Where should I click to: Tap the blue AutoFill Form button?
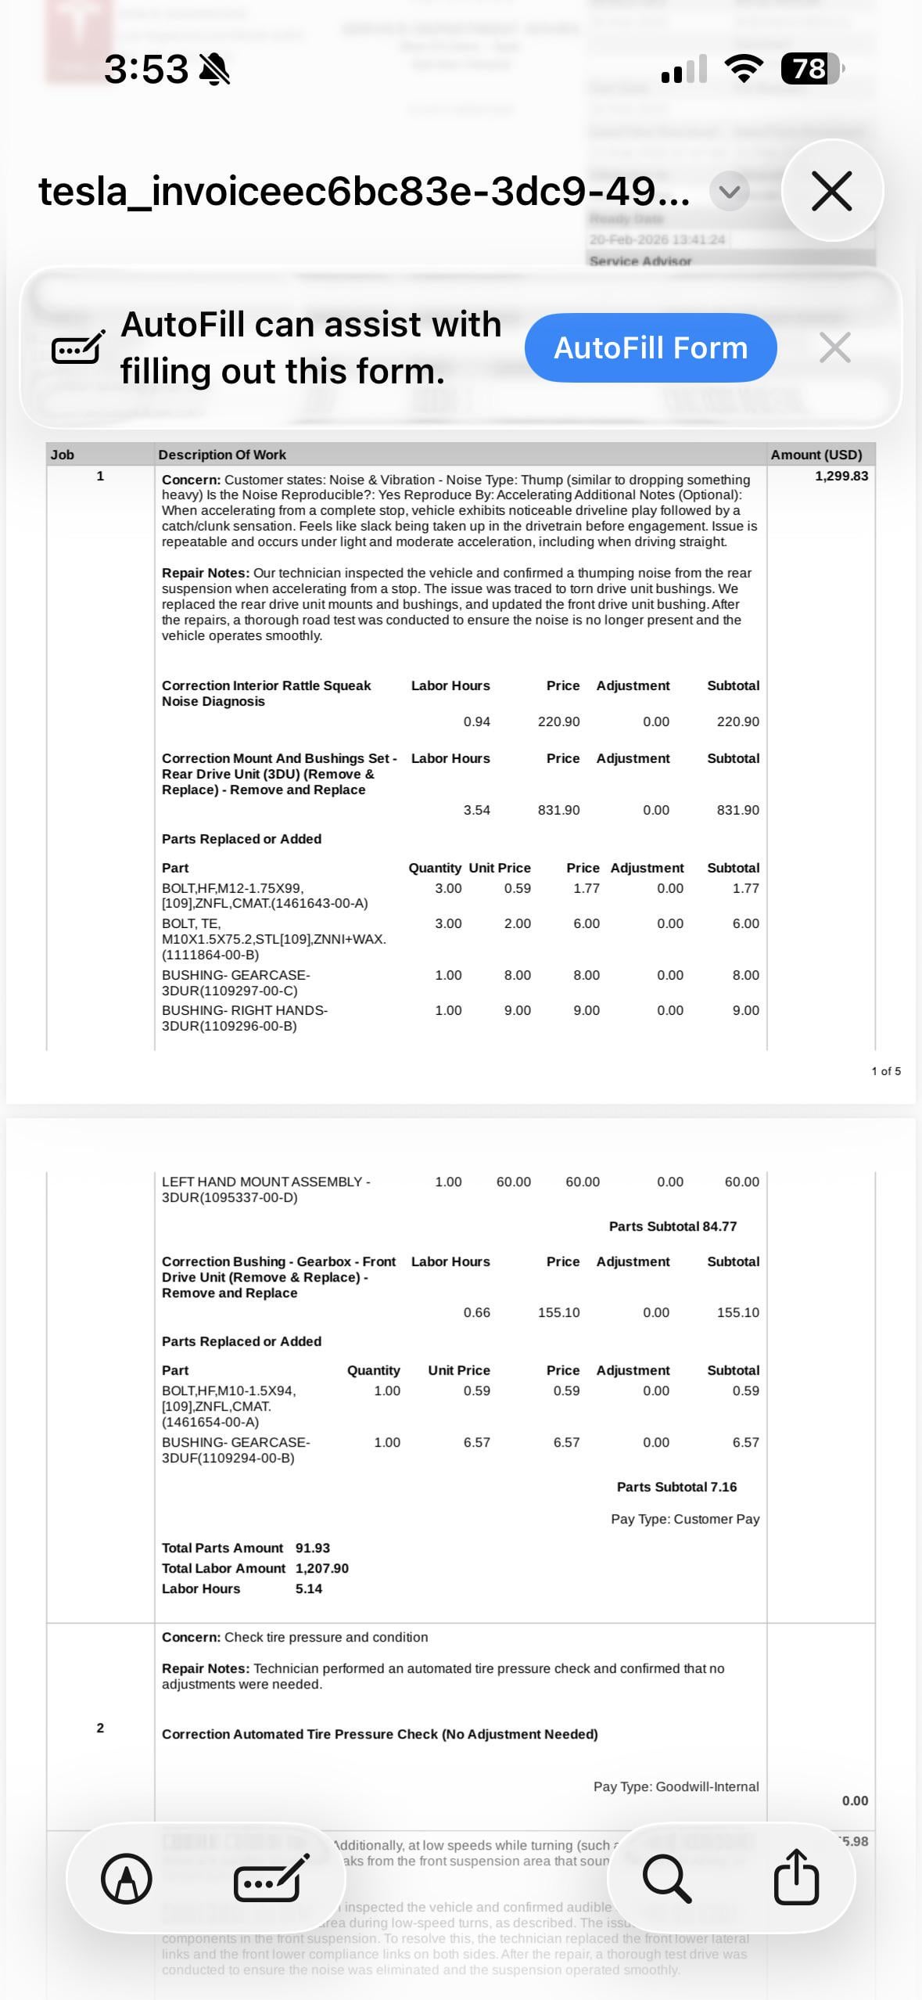point(650,347)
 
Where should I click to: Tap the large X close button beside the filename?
point(831,191)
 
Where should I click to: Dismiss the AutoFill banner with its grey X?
point(834,347)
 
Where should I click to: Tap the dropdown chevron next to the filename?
point(729,191)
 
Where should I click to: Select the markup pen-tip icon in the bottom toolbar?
point(127,1878)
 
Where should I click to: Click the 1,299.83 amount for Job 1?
point(841,476)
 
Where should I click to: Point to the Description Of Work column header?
point(222,455)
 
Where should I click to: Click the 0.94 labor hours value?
point(476,721)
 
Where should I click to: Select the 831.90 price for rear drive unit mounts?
point(558,810)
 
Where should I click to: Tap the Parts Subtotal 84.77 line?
point(673,1226)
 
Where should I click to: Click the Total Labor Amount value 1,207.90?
point(321,1568)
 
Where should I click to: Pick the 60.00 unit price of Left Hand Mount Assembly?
point(513,1182)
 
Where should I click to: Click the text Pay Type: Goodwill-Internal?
point(676,1786)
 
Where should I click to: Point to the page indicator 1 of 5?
point(885,1071)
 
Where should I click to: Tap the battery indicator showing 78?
point(811,69)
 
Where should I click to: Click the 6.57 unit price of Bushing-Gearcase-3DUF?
point(476,1442)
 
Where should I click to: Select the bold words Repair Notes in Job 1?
point(205,573)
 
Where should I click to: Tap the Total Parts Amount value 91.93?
point(312,1548)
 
